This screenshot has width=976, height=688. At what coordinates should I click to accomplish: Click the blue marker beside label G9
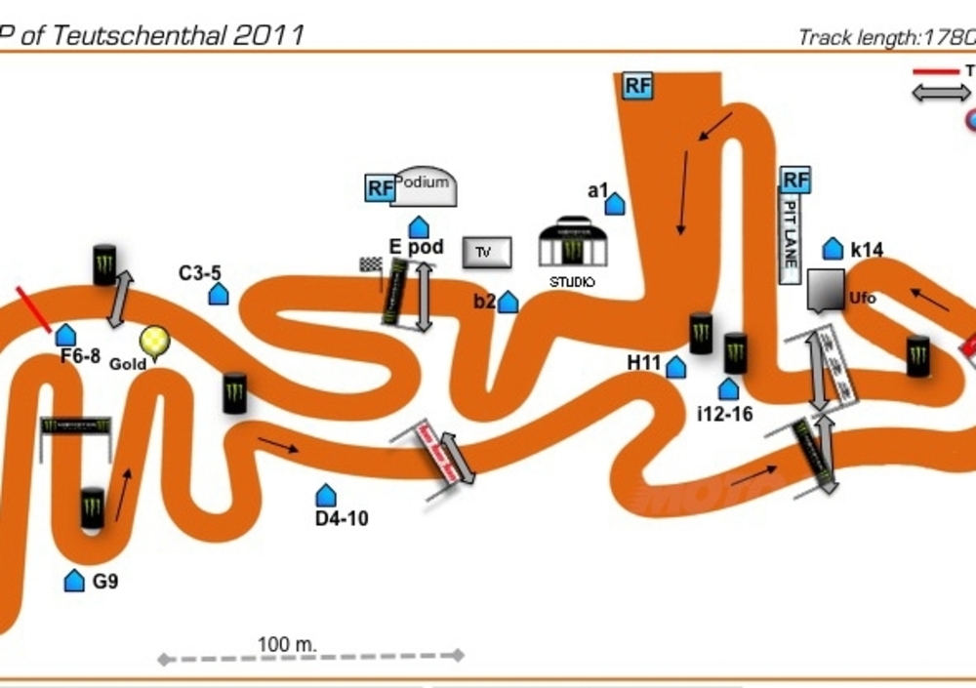pyautogui.click(x=74, y=581)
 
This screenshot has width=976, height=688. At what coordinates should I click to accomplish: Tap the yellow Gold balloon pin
pyautogui.click(x=154, y=342)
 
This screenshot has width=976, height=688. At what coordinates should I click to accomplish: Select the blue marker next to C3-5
pyautogui.click(x=219, y=293)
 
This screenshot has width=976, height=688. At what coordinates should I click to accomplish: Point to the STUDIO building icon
pyautogui.click(x=573, y=244)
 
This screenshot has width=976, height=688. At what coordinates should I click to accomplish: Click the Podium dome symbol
pyautogui.click(x=424, y=186)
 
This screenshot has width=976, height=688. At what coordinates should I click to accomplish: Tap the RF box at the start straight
pyautogui.click(x=637, y=85)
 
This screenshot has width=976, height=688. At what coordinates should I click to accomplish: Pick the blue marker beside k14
pyautogui.click(x=833, y=249)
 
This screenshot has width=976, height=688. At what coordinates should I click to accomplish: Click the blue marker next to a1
pyautogui.click(x=615, y=204)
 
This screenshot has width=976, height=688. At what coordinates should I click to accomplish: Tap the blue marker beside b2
pyautogui.click(x=508, y=303)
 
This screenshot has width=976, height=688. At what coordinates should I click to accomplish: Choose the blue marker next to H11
pyautogui.click(x=675, y=367)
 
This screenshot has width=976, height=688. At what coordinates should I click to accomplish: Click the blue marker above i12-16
pyautogui.click(x=728, y=389)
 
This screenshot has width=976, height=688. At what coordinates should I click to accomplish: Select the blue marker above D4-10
pyautogui.click(x=326, y=496)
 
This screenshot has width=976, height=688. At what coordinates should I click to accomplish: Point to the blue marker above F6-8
pyautogui.click(x=65, y=335)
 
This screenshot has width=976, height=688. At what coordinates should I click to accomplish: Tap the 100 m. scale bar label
pyautogui.click(x=287, y=644)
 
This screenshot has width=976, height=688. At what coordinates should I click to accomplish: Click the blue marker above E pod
pyautogui.click(x=419, y=227)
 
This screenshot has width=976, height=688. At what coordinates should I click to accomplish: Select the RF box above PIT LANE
pyautogui.click(x=795, y=180)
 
